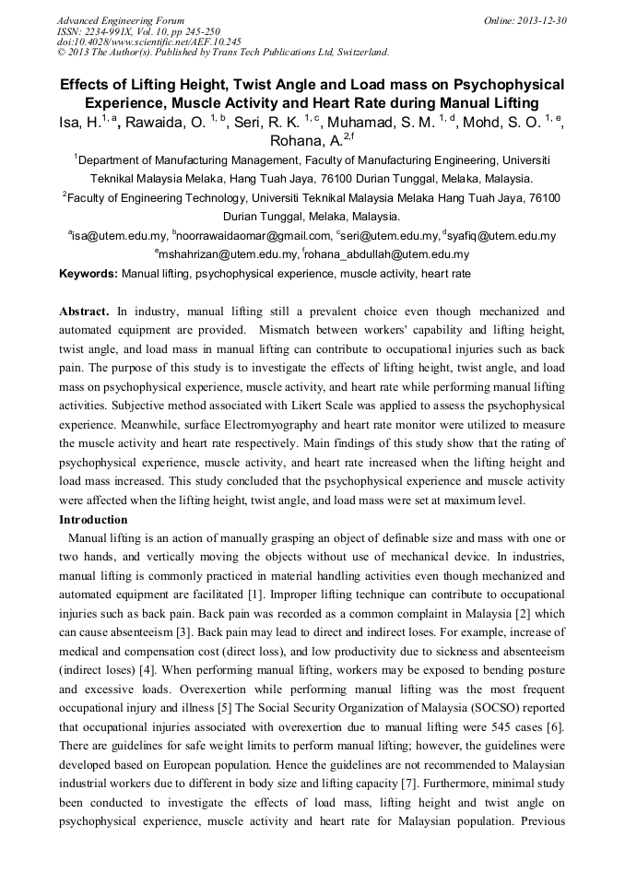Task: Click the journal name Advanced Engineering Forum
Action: (x=121, y=20)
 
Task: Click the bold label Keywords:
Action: (x=88, y=274)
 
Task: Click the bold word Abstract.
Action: (x=84, y=312)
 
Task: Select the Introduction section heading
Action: (x=93, y=520)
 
